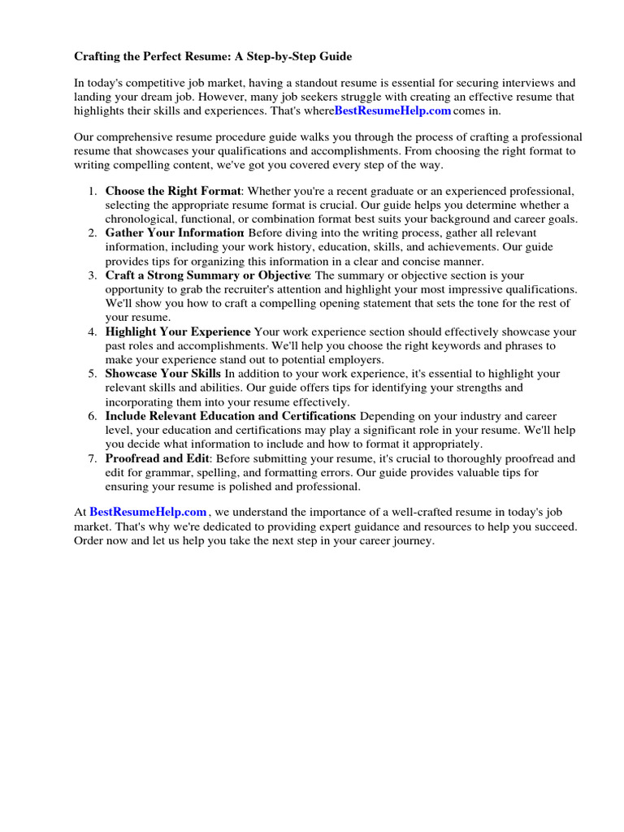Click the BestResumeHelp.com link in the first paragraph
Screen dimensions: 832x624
[392, 110]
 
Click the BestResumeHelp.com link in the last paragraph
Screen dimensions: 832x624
[148, 512]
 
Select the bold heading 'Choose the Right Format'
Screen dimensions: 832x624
[173, 191]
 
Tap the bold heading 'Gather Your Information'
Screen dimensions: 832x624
[175, 233]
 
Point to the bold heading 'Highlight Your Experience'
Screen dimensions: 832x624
[178, 331]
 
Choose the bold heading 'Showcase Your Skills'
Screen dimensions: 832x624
[163, 374]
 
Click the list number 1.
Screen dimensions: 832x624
[91, 191]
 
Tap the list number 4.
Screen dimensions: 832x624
[91, 331]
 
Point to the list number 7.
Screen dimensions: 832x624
[91, 458]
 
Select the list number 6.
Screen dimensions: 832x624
[91, 416]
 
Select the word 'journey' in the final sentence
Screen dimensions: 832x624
[414, 541]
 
